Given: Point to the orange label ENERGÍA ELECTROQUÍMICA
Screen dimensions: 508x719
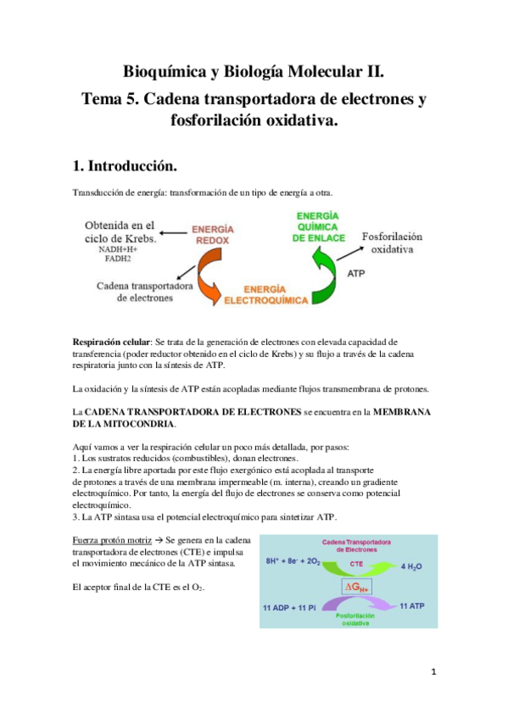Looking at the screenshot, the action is click(x=271, y=294).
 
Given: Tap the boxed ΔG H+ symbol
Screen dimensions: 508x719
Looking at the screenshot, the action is click(x=349, y=586).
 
